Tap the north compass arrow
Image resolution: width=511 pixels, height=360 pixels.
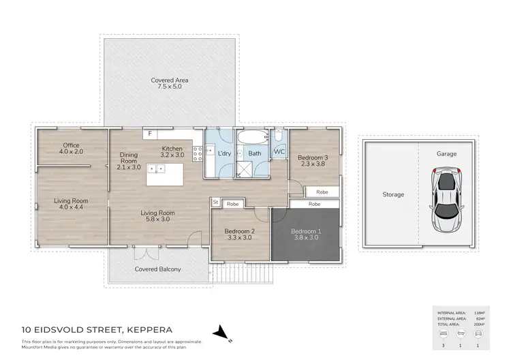click(220, 333)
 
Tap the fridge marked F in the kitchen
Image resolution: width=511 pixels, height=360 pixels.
click(151, 134)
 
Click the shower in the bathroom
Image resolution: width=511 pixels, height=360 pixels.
click(245, 169)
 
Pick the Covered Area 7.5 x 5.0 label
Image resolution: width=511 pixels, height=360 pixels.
click(170, 85)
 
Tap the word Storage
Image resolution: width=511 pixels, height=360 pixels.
click(393, 195)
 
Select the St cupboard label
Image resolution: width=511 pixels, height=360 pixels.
click(216, 202)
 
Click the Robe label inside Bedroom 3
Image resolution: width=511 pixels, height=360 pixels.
click(322, 192)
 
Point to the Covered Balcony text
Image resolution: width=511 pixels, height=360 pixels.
click(158, 270)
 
